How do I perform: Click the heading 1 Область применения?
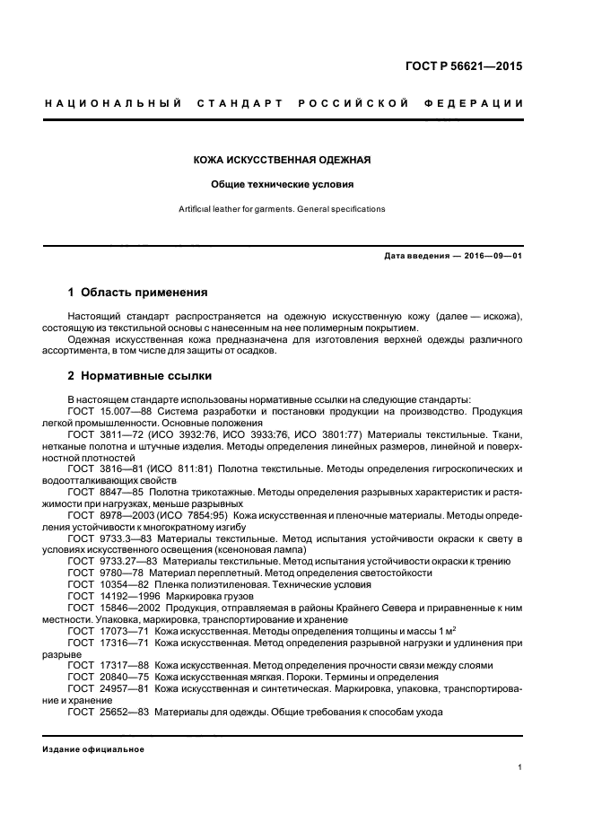tap(138, 292)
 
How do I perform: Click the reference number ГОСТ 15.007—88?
tap(108, 410)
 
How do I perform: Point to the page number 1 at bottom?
tap(519, 768)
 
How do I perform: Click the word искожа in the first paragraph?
tap(494, 316)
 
